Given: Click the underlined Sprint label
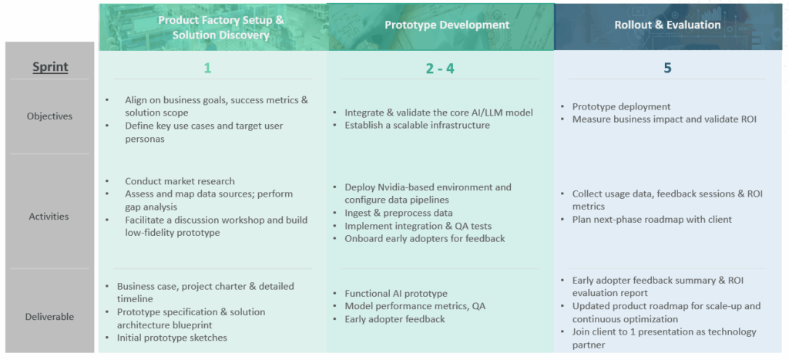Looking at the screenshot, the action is pos(50,67).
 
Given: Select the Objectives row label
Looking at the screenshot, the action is pos(50,116).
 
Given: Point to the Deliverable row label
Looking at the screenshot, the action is pos(50,317).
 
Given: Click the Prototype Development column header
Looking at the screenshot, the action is pos(447,25).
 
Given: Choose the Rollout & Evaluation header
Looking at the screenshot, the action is pos(667,25).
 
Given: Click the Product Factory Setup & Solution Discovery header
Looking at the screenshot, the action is pos(221,27).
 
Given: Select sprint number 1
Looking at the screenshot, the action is pos(207,68).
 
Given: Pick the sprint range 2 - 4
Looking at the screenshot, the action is pos(440,68).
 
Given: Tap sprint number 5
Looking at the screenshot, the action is pos(667,68).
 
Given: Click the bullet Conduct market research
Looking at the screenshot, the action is pos(180,180).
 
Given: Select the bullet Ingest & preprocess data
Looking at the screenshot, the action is pos(398,213).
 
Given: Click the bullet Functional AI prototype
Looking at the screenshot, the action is pos(396,293).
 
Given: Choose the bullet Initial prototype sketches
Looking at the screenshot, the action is pos(172,338).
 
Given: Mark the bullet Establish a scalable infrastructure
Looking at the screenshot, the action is pos(417,125).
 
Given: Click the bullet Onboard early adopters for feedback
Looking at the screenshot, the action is pos(425,239).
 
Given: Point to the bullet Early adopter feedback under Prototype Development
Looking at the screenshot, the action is pos(395,319).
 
